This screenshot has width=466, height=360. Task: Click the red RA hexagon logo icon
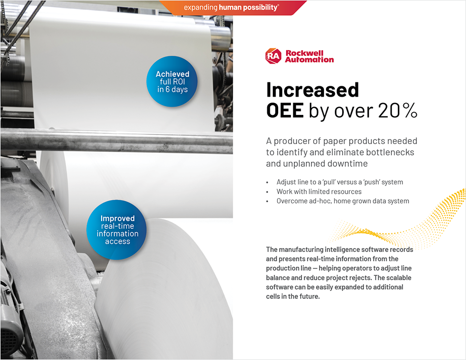pyautogui.click(x=273, y=56)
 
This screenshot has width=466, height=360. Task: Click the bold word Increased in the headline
pyautogui.click(x=313, y=90)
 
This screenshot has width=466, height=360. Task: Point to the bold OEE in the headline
pyautogui.click(x=285, y=111)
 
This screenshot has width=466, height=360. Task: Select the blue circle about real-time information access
pyautogui.click(x=117, y=230)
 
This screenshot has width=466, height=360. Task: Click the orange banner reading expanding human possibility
pyautogui.click(x=232, y=7)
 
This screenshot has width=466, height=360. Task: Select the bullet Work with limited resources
pyautogui.click(x=319, y=191)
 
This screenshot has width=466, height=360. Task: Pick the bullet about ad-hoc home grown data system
pyautogui.click(x=343, y=201)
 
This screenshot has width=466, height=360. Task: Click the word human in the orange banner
pyautogui.click(x=233, y=7)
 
